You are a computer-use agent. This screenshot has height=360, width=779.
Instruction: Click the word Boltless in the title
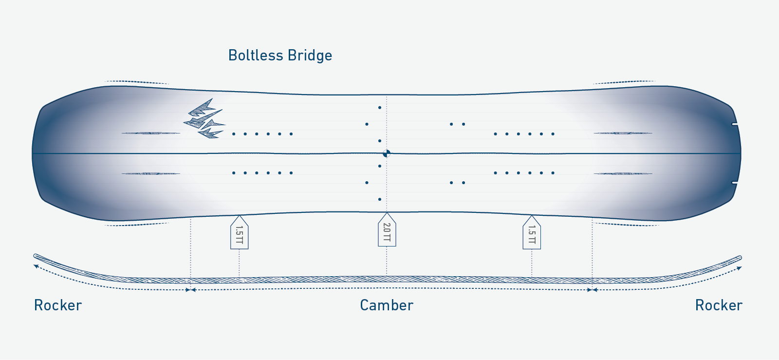click(256, 56)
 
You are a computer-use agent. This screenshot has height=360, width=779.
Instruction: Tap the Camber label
click(387, 305)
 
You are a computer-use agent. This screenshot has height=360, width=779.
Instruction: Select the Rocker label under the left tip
click(58, 305)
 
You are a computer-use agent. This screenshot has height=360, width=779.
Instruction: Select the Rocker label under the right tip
click(719, 305)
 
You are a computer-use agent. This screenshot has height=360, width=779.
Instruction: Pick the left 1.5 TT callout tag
click(239, 233)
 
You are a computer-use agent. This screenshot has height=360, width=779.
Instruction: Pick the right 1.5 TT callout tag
click(531, 233)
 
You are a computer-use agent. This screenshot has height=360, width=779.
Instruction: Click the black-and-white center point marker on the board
click(387, 153)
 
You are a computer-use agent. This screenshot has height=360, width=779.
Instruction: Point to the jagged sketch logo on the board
click(204, 119)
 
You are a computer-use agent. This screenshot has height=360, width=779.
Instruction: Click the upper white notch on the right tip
click(735, 124)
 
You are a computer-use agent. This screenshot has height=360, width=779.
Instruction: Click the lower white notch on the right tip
click(735, 183)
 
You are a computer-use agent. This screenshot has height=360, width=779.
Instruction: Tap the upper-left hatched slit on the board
click(150, 133)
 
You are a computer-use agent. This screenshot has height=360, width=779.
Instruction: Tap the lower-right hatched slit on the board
click(623, 173)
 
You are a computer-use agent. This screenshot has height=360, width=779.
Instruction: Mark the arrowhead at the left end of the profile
click(36, 266)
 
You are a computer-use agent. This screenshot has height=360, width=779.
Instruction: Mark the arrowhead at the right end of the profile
click(740, 268)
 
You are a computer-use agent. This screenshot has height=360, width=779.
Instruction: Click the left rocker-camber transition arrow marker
click(190, 290)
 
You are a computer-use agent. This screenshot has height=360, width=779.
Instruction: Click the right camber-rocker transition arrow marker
click(592, 290)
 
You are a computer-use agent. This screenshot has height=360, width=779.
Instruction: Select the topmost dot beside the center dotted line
click(380, 108)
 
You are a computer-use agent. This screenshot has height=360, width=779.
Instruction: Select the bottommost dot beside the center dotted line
click(380, 199)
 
